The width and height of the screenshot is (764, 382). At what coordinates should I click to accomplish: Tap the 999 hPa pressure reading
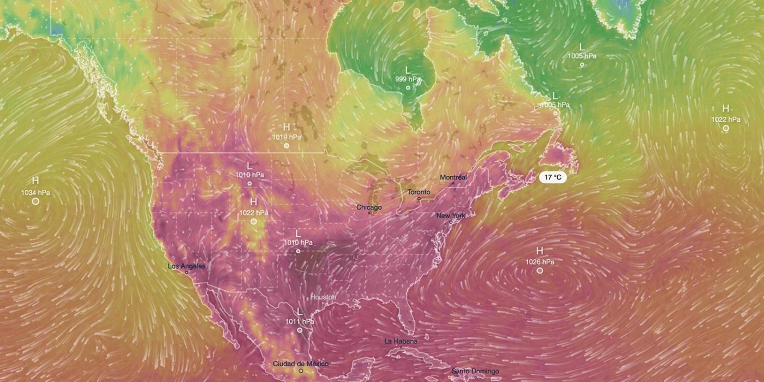coord(408,79)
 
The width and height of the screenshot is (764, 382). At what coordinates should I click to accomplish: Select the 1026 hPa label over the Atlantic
coord(540,262)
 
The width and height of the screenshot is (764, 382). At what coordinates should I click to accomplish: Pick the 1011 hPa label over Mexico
coord(300,321)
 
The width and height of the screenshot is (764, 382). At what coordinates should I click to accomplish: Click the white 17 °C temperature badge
coord(553,177)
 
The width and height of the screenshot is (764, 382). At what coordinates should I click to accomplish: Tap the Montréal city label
coord(453,177)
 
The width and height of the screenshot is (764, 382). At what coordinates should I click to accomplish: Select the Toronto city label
coord(419,192)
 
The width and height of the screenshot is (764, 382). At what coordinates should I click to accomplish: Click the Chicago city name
coord(369,207)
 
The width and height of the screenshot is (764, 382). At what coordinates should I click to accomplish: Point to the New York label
coord(451,216)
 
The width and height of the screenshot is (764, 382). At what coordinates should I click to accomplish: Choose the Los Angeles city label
coord(186,266)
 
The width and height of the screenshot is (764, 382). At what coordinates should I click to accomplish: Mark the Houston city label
coord(323,297)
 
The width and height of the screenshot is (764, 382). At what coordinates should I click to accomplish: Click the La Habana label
coord(401,341)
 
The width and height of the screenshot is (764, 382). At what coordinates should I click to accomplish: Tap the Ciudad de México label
coord(301,363)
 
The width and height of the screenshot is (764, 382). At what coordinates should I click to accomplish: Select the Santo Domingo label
coord(474,372)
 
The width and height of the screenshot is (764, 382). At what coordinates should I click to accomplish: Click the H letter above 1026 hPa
coord(540,251)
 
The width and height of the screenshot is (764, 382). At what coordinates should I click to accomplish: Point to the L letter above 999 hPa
coord(407,69)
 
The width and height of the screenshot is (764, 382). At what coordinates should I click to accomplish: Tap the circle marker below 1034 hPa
coord(35,201)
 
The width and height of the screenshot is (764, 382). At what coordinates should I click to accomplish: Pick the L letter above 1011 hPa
coord(299,311)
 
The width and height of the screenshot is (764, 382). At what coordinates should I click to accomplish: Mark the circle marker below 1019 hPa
coord(286,146)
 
